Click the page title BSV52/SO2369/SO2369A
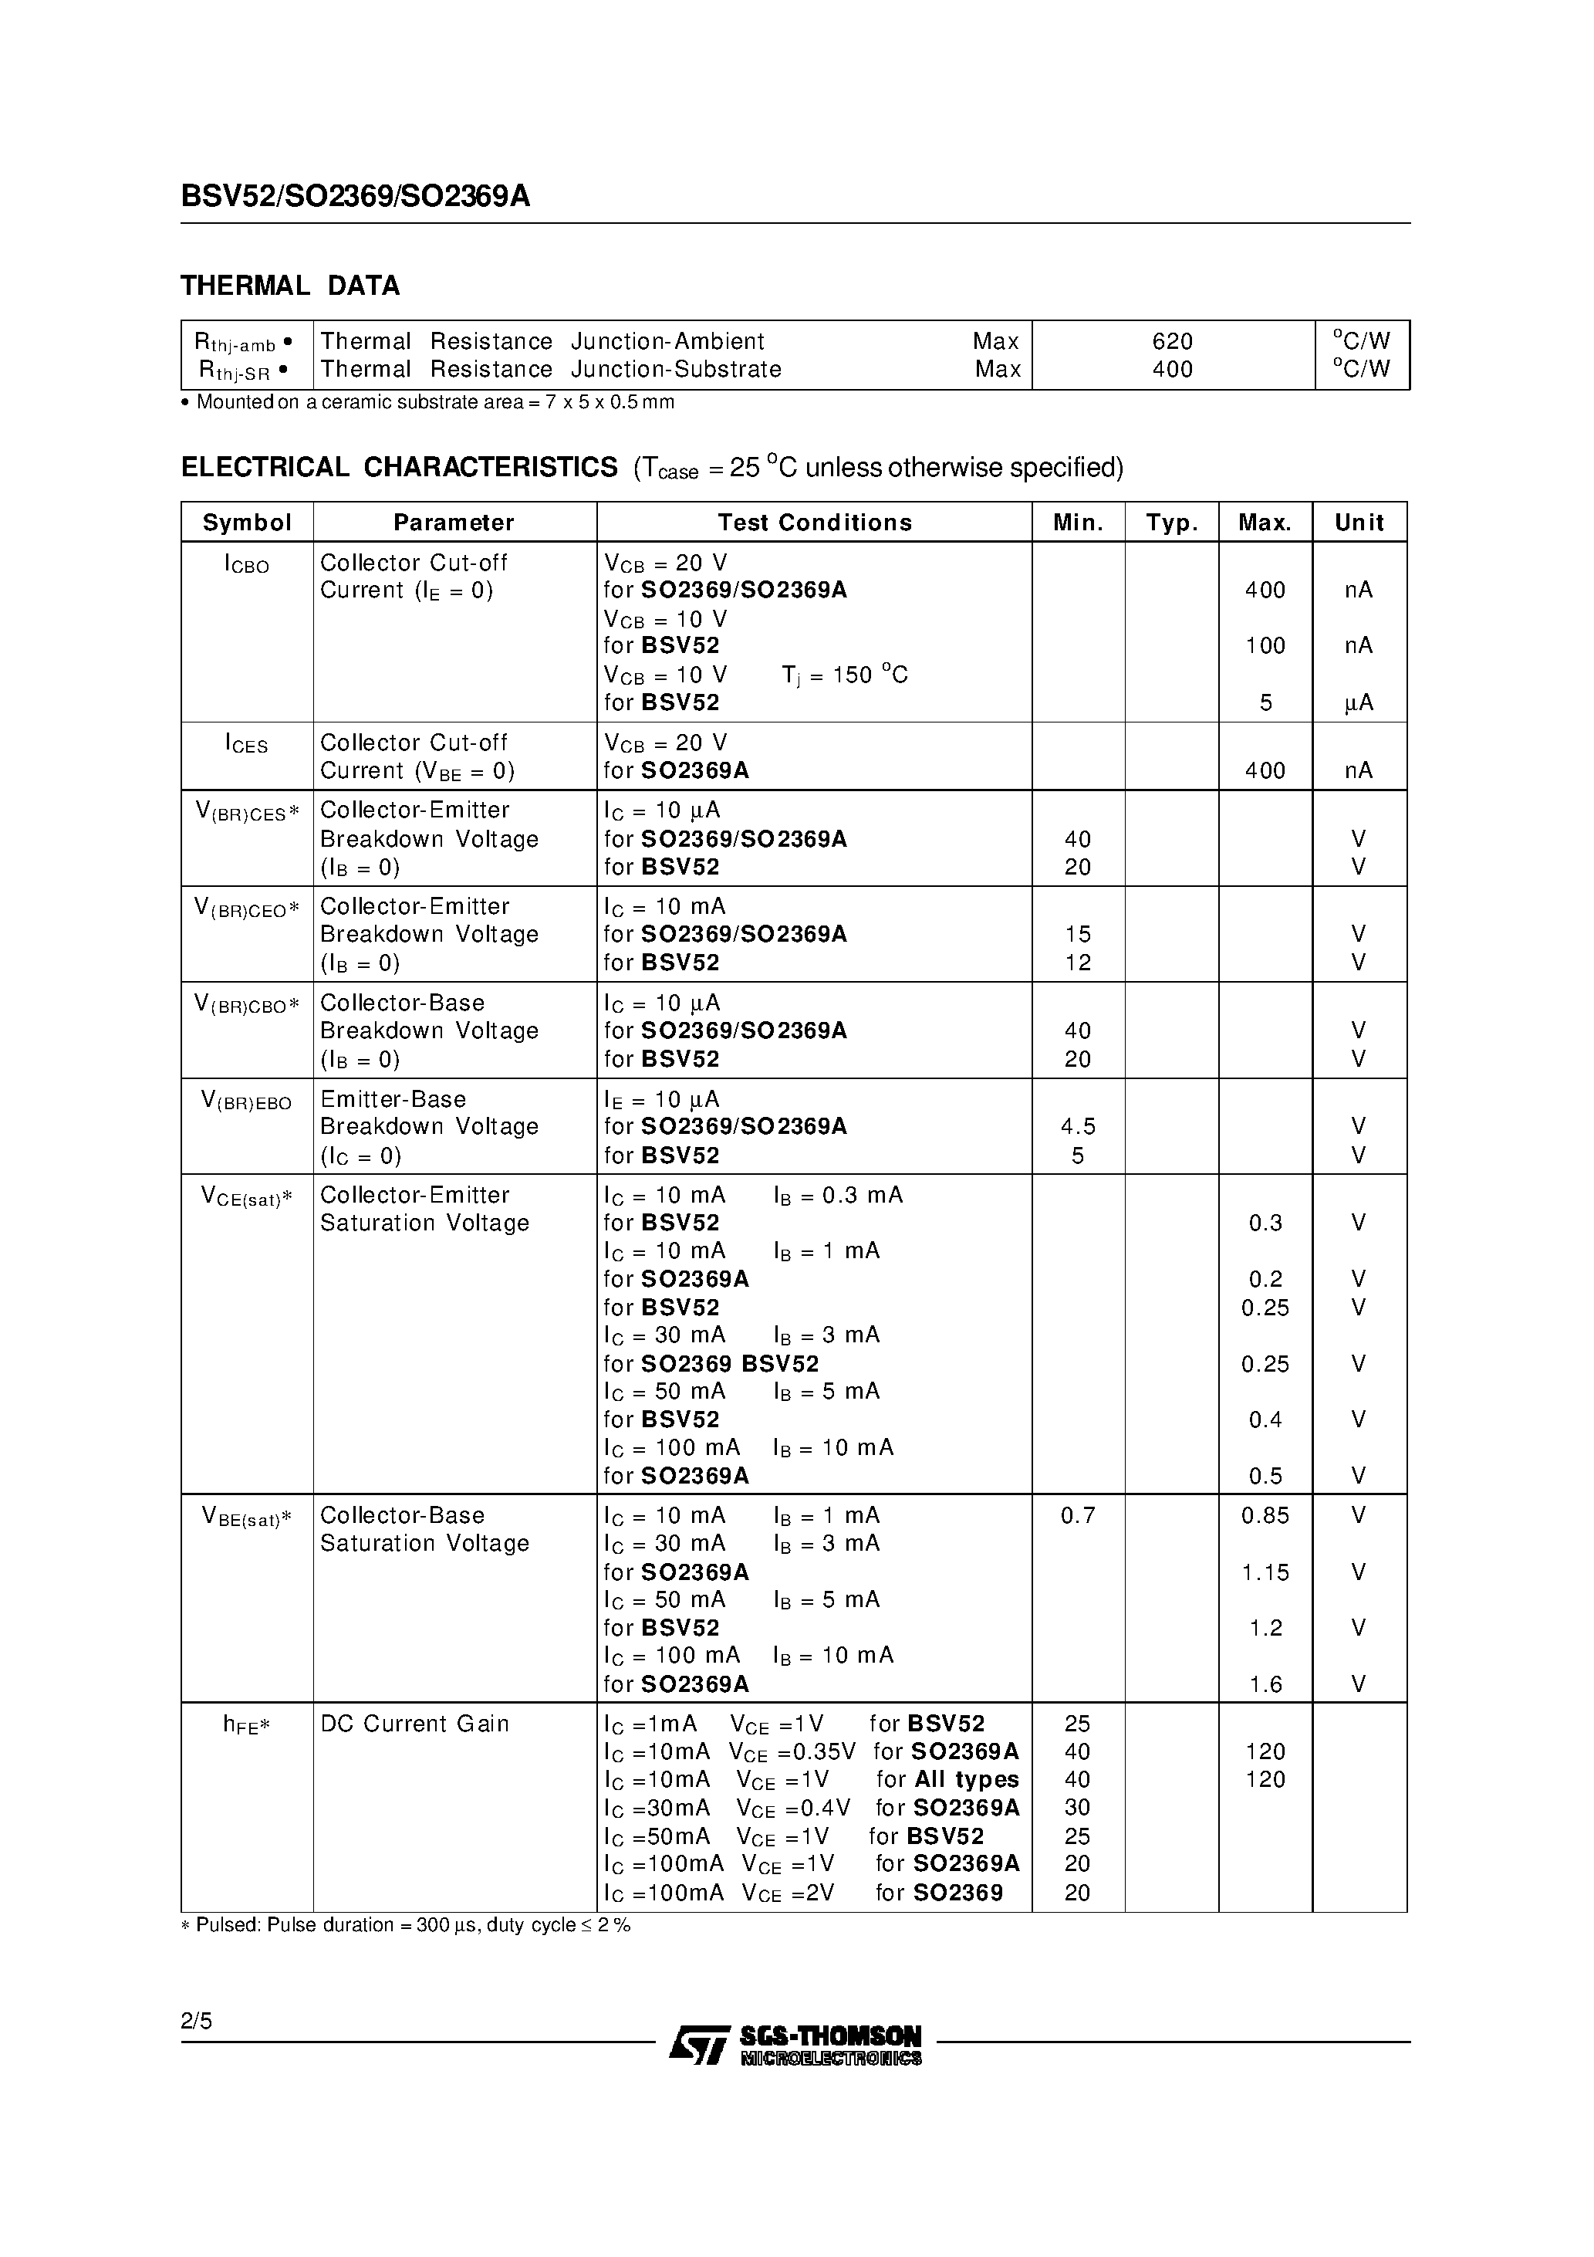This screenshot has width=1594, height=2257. (355, 197)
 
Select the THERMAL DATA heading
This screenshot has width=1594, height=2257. (290, 286)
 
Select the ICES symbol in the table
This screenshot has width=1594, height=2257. (245, 744)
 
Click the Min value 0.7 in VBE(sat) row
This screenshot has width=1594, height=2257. (1077, 1516)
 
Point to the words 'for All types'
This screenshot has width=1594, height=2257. (947, 1779)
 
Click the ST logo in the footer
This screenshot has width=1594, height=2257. (699, 2044)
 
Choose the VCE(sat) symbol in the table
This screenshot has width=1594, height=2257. (245, 1196)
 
